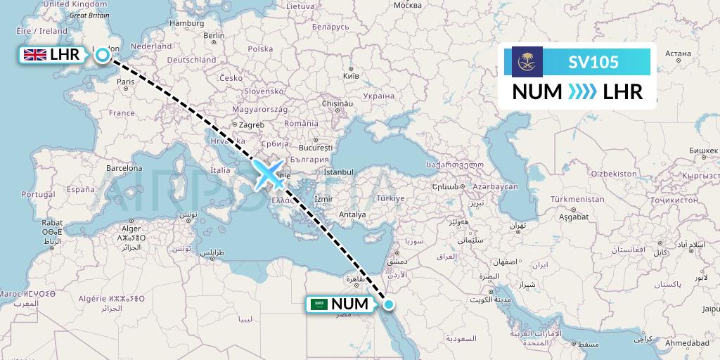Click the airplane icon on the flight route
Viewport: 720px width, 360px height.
click(x=269, y=174)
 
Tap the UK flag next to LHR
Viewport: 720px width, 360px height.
click(x=34, y=55)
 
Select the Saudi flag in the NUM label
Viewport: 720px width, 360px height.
click(x=319, y=304)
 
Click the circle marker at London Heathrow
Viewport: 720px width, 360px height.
click(x=103, y=55)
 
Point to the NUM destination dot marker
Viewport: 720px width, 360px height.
click(x=389, y=304)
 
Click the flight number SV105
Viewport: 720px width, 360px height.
click(x=593, y=62)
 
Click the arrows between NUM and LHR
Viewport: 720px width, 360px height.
click(x=582, y=92)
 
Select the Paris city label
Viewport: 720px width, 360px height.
click(x=125, y=82)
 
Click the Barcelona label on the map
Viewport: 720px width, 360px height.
click(x=124, y=168)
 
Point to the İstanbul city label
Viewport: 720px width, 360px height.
click(x=340, y=172)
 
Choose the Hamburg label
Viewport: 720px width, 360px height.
click(x=186, y=22)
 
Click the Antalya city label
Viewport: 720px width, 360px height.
click(x=352, y=214)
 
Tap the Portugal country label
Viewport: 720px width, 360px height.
click(x=38, y=194)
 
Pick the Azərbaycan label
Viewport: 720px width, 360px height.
click(x=494, y=186)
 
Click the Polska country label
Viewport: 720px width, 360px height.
click(x=260, y=49)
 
